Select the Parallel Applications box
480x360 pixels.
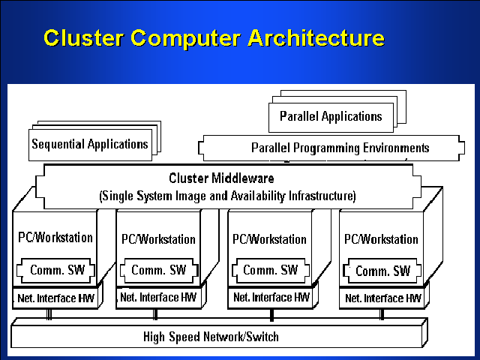[x=331, y=116]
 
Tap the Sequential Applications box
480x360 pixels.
[x=89, y=143]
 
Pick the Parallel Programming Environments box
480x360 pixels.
[x=340, y=148]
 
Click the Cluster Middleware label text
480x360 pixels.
[x=221, y=178]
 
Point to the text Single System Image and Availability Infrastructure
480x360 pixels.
[x=227, y=196]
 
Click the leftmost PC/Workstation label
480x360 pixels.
[x=55, y=238]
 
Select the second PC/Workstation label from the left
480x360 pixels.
[x=158, y=239]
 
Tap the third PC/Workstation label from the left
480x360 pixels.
[x=270, y=239]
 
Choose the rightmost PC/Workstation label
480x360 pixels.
[x=381, y=239]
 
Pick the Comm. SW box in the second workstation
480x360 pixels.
[x=159, y=270]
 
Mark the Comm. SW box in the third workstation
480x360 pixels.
[x=271, y=270]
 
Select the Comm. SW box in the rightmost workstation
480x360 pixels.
[x=382, y=271]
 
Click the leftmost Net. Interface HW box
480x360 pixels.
[x=55, y=298]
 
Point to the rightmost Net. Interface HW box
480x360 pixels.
[x=382, y=298]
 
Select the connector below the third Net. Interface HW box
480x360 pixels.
[x=271, y=313]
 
